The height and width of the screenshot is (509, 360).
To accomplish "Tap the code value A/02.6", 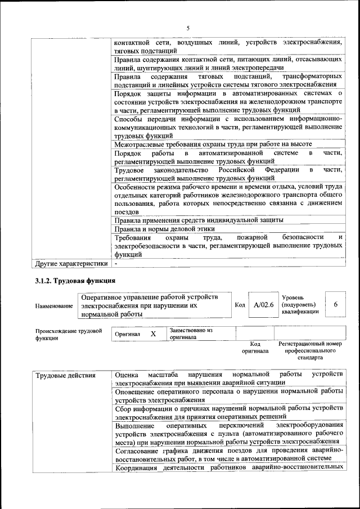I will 263,305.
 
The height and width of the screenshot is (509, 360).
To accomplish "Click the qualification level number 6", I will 336,304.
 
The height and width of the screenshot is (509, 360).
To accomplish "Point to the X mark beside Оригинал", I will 153,334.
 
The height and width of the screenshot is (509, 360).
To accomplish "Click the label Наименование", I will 54,305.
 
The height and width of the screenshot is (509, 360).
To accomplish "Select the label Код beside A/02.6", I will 240,305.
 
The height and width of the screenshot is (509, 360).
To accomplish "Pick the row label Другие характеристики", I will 71,263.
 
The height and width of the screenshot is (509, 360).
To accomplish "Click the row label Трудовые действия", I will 65,375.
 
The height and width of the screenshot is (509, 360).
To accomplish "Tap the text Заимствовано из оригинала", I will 191,334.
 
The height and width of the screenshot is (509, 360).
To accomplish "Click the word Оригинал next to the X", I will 127,334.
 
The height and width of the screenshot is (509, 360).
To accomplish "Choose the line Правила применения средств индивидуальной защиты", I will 199,220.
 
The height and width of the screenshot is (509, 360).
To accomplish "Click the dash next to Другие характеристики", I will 115,263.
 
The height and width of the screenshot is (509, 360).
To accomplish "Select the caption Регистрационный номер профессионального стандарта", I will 310,350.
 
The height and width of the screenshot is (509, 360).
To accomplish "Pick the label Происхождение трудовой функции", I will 68,335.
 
